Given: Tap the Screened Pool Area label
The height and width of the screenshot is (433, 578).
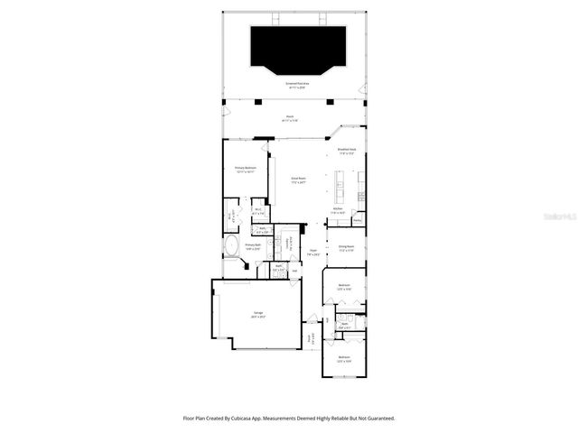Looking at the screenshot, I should (x=297, y=86).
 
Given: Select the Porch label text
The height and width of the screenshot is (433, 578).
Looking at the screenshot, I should (x=290, y=116).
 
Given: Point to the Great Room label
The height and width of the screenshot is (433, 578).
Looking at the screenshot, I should (x=297, y=180).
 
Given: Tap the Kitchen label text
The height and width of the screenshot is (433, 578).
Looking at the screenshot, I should (x=337, y=209).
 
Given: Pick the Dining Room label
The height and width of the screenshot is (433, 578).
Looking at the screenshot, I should (x=345, y=247).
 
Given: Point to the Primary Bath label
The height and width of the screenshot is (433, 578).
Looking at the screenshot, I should (x=252, y=245).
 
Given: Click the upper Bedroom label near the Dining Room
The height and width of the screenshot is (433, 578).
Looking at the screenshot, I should (x=344, y=287).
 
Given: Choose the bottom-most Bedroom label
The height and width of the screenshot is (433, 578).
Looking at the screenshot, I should (x=344, y=358).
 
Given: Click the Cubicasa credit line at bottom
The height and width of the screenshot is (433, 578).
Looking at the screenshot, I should (x=289, y=418).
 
